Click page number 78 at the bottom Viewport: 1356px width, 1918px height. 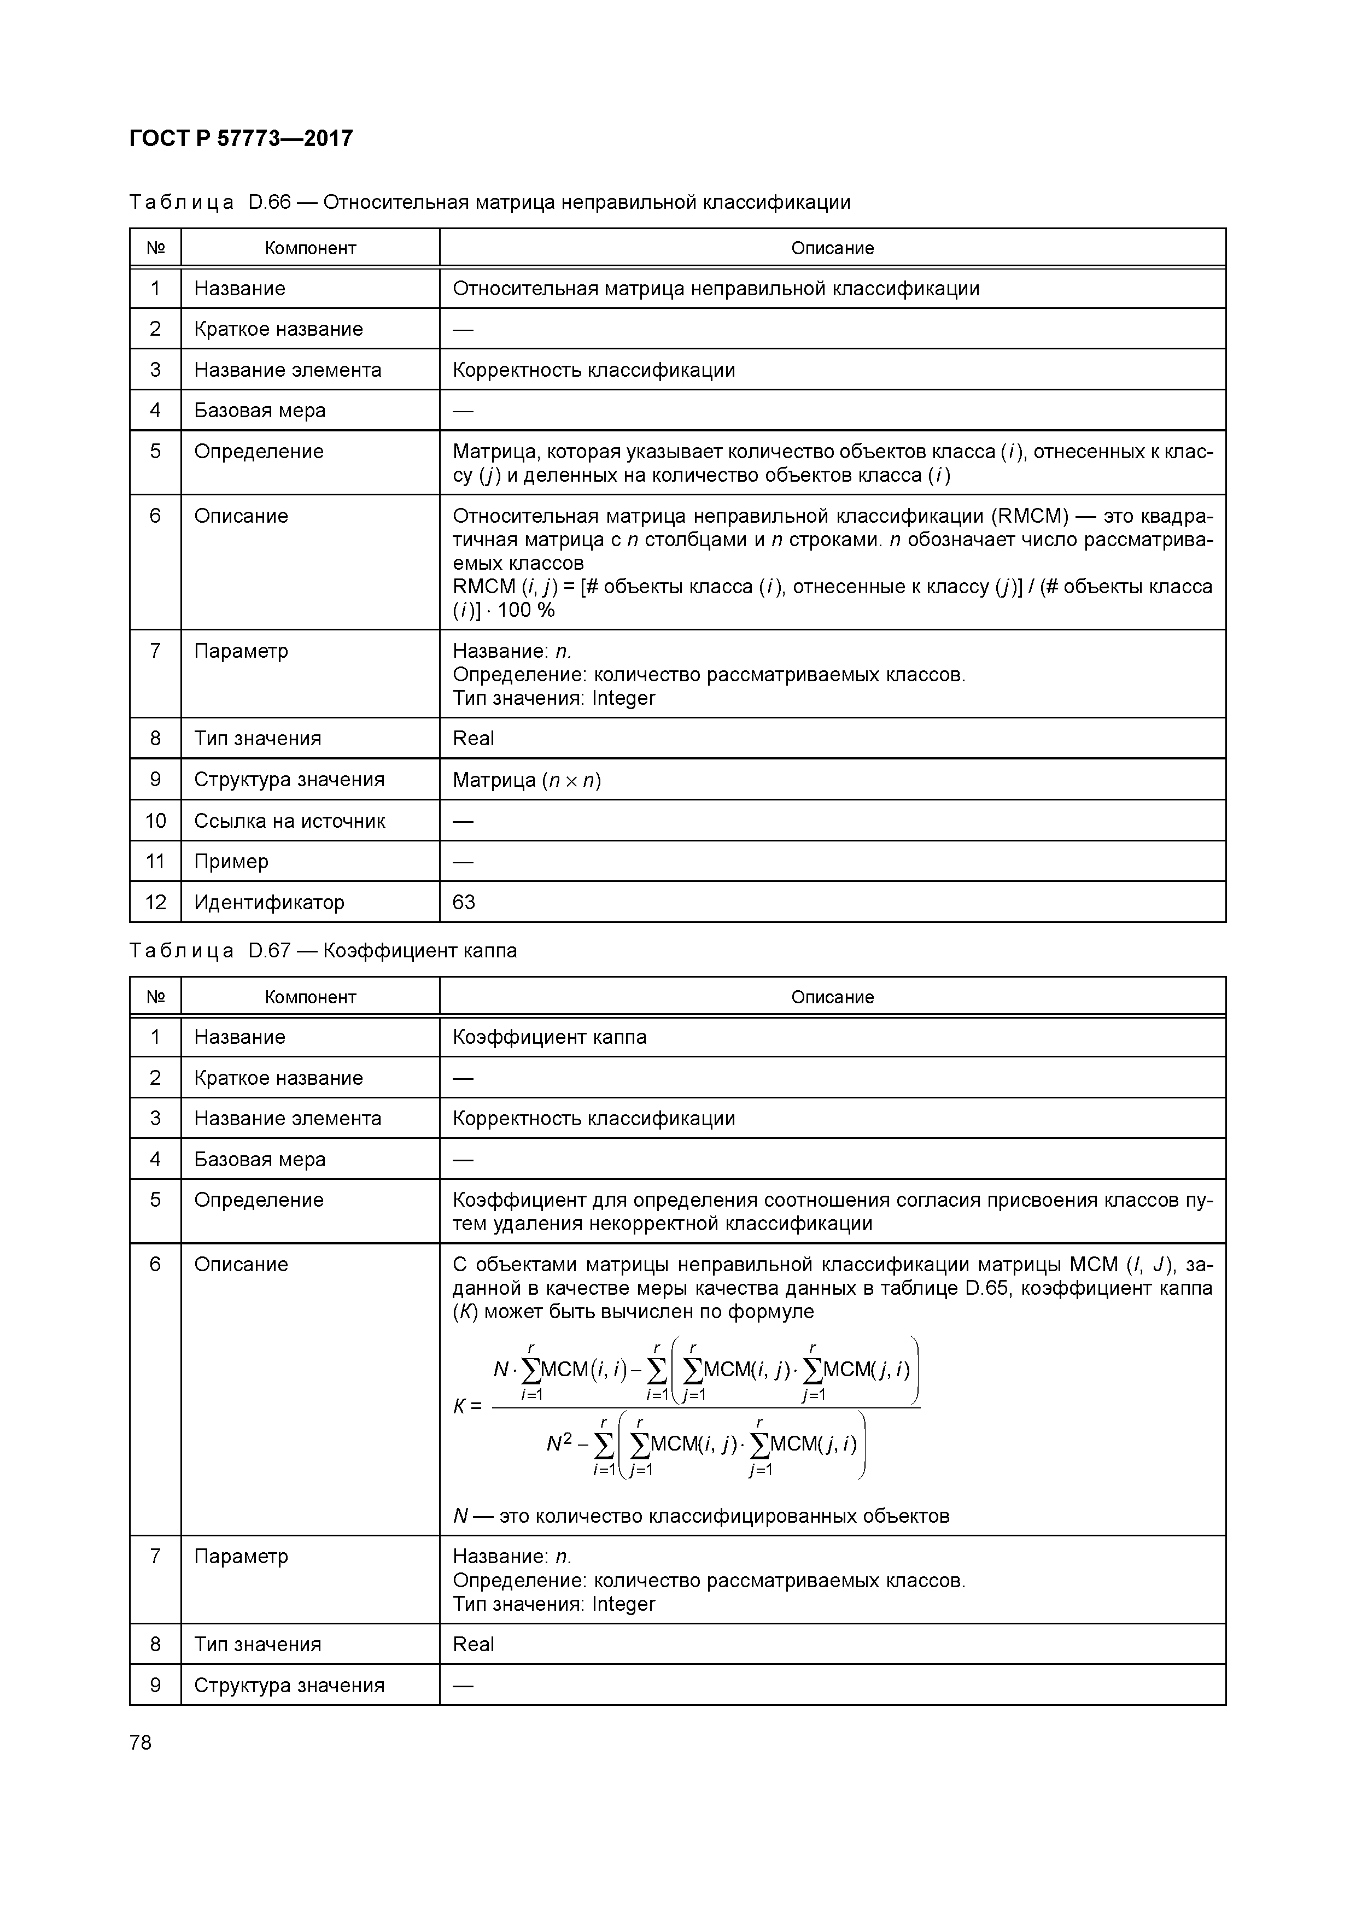(x=141, y=1742)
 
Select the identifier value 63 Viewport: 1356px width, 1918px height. (x=464, y=902)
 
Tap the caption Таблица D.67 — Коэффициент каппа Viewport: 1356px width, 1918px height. (x=323, y=951)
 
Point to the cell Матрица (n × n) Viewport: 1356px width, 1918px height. (x=527, y=780)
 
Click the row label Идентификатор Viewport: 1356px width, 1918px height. (x=269, y=902)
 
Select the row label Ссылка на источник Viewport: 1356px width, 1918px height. (x=289, y=821)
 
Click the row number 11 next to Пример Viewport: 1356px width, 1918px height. (x=155, y=861)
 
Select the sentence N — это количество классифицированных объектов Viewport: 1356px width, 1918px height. (x=700, y=1516)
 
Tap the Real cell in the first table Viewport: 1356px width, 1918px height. (x=473, y=739)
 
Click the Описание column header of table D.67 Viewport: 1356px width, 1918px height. (x=832, y=997)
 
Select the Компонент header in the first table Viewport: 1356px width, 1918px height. (x=310, y=248)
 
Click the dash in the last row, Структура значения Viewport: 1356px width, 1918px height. (x=463, y=1685)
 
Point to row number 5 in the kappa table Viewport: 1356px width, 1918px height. (x=155, y=1200)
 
